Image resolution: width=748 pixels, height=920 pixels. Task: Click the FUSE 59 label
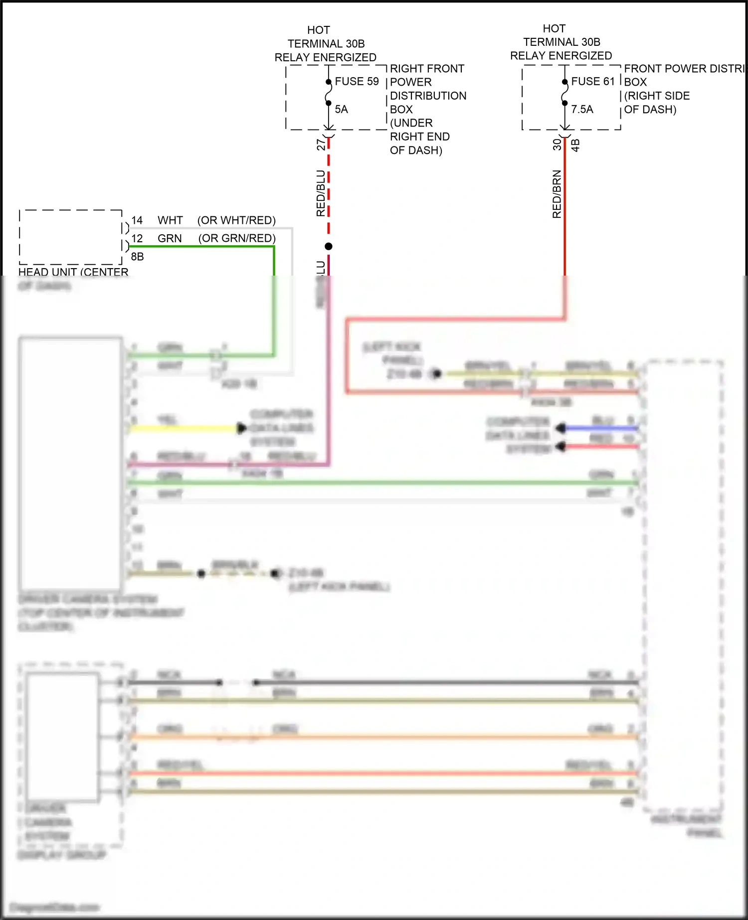click(x=357, y=81)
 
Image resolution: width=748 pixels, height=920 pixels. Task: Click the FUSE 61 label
click(x=593, y=81)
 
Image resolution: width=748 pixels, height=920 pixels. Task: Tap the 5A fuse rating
click(x=341, y=109)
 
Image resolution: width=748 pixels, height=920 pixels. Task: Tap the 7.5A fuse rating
click(x=582, y=109)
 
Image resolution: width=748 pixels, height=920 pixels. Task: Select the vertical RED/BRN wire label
click(x=557, y=194)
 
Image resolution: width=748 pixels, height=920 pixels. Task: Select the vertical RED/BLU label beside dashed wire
click(x=321, y=193)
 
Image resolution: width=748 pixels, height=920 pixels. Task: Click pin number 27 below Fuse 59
click(x=321, y=145)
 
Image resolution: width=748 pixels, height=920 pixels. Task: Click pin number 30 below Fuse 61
click(x=557, y=145)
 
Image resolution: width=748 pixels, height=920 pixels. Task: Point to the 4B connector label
click(x=575, y=146)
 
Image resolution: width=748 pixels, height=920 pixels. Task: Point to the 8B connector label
click(x=137, y=256)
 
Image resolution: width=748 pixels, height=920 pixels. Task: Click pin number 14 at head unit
click(x=137, y=220)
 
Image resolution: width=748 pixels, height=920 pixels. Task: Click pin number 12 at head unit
click(x=137, y=238)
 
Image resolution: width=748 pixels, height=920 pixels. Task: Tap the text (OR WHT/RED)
click(x=236, y=220)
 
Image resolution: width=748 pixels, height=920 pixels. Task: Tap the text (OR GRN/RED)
click(x=237, y=238)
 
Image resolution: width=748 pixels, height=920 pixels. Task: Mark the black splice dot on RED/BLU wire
click(x=329, y=246)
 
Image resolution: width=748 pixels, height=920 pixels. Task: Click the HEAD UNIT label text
click(x=73, y=272)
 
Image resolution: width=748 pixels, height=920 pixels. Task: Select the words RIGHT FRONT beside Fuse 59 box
click(x=427, y=68)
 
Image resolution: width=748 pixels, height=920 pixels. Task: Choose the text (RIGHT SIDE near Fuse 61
click(x=657, y=96)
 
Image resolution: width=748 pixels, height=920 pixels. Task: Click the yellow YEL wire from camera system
click(x=185, y=428)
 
